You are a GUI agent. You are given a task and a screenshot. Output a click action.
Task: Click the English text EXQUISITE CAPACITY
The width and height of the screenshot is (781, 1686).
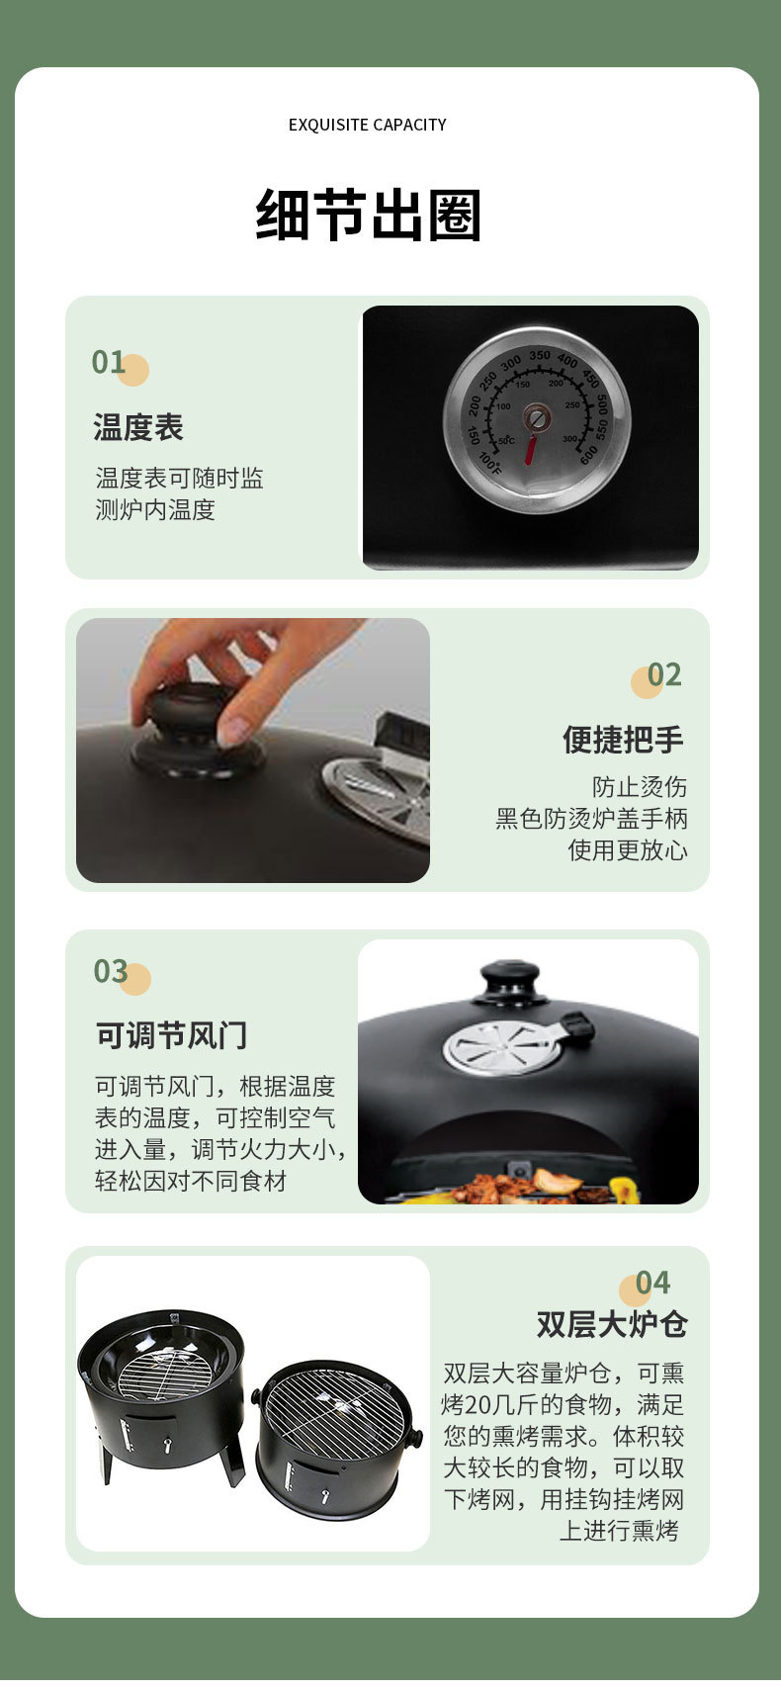[x=367, y=125]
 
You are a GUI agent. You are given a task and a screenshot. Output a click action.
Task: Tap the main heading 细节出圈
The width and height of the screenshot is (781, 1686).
[x=368, y=215]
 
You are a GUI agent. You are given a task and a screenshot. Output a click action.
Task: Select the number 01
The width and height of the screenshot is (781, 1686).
[x=109, y=362]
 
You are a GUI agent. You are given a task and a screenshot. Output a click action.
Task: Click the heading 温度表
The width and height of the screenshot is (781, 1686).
[x=138, y=427]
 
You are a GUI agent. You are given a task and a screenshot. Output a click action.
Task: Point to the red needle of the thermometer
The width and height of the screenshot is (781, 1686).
[x=531, y=448]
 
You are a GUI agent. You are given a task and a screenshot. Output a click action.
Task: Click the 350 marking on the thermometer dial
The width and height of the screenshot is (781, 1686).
[x=539, y=356]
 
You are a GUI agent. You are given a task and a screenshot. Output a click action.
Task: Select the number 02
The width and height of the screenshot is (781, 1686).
[x=664, y=674]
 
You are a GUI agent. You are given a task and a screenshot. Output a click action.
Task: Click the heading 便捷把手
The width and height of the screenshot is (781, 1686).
[x=623, y=739]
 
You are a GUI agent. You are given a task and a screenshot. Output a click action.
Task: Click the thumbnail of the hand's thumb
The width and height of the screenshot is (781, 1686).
[x=234, y=730]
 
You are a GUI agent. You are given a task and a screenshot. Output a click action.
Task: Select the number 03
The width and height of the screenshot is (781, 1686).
[x=111, y=971]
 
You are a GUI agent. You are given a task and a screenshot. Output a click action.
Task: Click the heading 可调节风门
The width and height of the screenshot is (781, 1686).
[x=171, y=1035]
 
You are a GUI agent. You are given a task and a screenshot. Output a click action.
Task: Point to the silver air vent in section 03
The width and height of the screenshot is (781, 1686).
[x=501, y=1046]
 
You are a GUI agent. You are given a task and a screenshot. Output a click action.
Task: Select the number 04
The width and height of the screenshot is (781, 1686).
[x=652, y=1283]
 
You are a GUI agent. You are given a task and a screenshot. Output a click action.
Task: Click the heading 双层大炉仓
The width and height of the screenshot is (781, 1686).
[x=612, y=1324]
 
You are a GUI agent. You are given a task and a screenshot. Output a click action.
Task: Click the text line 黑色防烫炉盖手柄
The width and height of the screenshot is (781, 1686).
[x=591, y=819]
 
